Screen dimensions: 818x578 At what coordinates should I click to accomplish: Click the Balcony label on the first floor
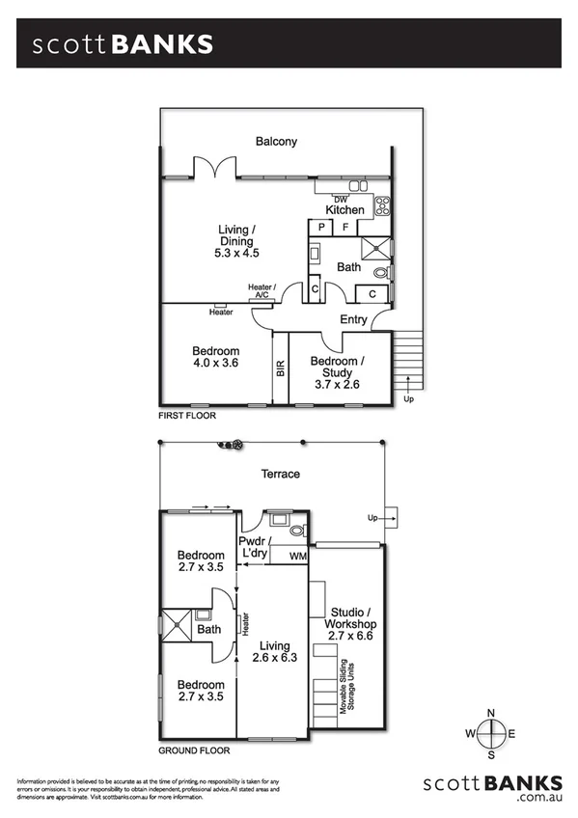pos(276,142)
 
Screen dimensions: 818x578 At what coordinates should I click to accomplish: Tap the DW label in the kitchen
pos(340,200)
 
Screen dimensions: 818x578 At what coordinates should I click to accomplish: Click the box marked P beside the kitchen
pos(318,227)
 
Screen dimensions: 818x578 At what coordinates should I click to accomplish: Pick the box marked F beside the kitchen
pos(345,227)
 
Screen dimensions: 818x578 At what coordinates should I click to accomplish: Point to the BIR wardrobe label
pos(281,368)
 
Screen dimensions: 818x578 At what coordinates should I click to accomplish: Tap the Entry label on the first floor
pos(353,320)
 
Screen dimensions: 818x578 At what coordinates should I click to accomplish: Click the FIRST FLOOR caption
pos(187,416)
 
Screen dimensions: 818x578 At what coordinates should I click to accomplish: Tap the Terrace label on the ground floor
pos(281,474)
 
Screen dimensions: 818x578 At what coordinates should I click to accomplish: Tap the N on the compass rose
pos(491,713)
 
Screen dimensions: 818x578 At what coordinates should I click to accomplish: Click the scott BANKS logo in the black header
pos(122,44)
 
